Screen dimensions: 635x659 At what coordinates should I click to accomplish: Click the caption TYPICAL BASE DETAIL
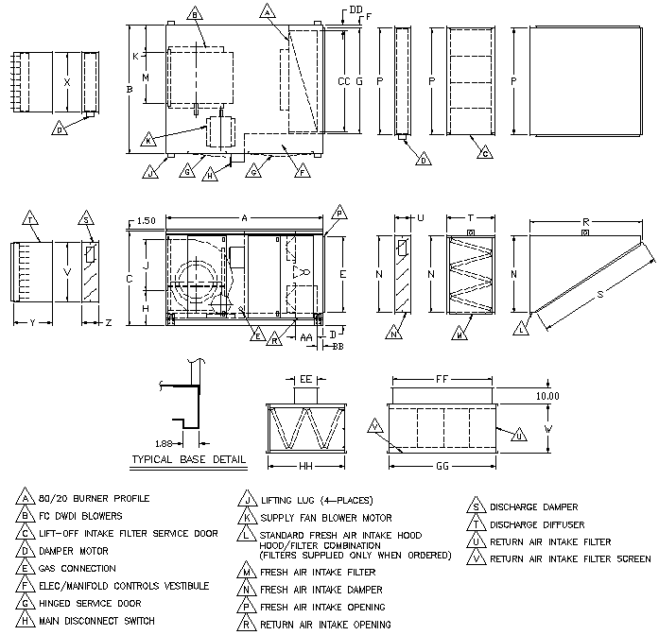(x=187, y=460)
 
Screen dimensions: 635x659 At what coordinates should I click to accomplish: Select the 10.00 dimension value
(x=547, y=396)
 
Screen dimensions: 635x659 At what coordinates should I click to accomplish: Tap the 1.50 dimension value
(x=145, y=220)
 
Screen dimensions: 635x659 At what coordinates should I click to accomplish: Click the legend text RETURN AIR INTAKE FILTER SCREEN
(x=570, y=559)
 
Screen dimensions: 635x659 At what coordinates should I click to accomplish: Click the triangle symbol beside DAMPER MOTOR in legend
(x=21, y=551)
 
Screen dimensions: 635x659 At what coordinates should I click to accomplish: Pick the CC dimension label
(x=343, y=83)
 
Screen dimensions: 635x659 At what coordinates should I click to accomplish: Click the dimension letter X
(x=66, y=82)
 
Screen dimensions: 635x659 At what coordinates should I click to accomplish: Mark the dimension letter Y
(x=32, y=322)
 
